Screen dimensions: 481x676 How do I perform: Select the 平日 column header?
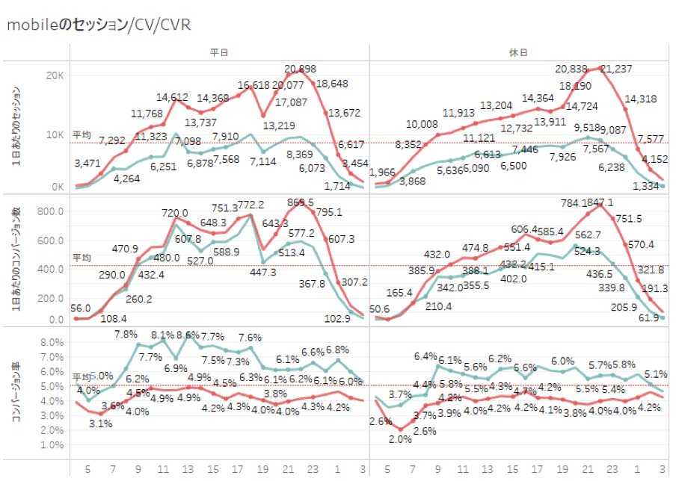point(219,52)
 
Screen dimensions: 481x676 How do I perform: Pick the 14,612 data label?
point(172,97)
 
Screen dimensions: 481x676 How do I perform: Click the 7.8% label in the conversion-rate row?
point(126,334)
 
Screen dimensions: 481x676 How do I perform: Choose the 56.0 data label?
point(82,308)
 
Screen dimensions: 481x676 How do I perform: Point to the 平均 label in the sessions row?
point(82,134)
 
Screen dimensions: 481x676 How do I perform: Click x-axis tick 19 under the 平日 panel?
point(264,469)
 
